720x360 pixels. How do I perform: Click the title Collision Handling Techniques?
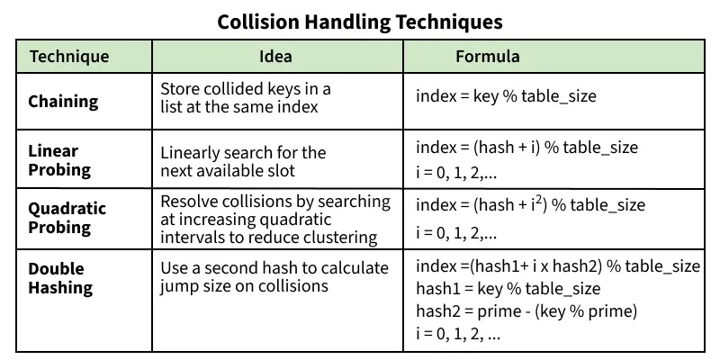[x=360, y=22]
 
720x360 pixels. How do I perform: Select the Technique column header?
[x=69, y=57]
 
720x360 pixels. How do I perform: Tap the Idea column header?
[x=275, y=56]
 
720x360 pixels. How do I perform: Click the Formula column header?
[x=488, y=56]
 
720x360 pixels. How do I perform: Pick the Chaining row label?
[x=63, y=102]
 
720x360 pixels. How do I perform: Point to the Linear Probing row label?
[x=59, y=160]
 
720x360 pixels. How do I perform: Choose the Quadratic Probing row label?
[x=67, y=218]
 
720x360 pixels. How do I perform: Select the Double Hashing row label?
[x=60, y=278]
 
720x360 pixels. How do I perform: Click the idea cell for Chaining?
[x=246, y=97]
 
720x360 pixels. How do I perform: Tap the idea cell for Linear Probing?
[x=243, y=161]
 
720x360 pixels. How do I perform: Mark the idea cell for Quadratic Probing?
[x=275, y=220]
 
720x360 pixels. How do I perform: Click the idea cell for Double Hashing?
[x=274, y=277]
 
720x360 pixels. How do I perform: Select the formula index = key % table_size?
[x=506, y=97]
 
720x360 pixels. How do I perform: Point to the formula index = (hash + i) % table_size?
[x=526, y=148]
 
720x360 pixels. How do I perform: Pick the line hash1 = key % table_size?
[x=508, y=289]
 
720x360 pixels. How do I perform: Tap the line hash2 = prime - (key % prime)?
[x=526, y=311]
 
